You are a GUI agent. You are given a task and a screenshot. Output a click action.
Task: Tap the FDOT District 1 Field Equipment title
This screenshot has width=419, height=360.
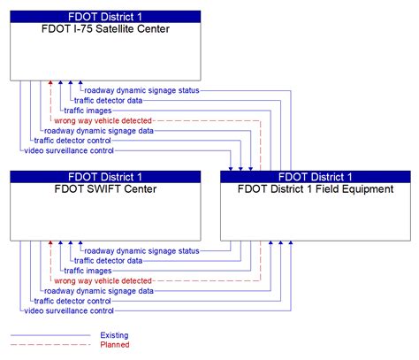click(315, 189)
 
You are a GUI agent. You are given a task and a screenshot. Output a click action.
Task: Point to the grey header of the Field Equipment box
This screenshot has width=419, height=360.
click(315, 177)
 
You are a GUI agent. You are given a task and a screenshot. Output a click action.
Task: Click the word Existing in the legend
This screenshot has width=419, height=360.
click(115, 335)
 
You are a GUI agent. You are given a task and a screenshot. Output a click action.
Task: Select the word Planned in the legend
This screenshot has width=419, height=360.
click(115, 345)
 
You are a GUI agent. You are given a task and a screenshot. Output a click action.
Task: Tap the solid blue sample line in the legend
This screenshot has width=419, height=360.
click(50, 335)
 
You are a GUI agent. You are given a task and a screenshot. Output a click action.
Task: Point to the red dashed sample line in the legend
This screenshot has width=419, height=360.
click(50, 345)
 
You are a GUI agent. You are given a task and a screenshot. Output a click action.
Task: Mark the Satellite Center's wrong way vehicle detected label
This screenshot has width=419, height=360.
click(103, 120)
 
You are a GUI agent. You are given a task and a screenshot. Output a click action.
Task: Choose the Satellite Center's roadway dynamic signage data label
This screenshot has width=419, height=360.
click(98, 130)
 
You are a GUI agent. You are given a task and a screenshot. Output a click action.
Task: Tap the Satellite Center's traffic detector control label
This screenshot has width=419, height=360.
click(72, 140)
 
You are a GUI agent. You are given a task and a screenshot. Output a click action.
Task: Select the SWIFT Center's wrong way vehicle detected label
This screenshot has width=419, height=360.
click(103, 280)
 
